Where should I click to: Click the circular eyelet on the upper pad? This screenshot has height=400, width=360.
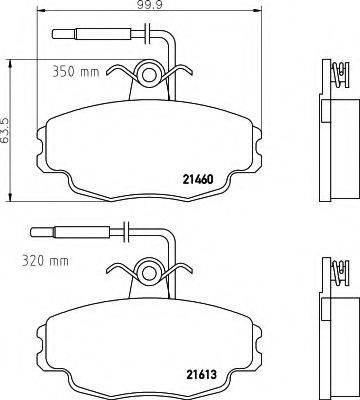(x=150, y=73)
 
